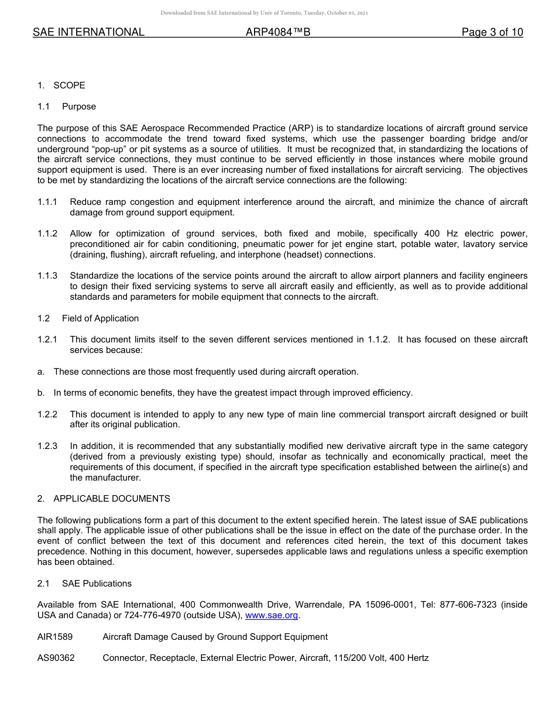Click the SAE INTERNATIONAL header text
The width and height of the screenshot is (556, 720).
click(88, 33)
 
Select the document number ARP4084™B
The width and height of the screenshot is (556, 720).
click(278, 33)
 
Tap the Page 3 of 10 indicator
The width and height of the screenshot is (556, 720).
click(492, 33)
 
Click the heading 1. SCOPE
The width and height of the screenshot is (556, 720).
click(61, 85)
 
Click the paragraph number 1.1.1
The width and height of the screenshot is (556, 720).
click(47, 202)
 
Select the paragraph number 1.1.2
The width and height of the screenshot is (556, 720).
click(47, 234)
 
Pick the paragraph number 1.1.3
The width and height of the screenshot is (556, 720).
click(47, 276)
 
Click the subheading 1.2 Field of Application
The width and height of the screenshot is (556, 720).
click(88, 318)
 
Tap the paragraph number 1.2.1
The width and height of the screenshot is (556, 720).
click(47, 340)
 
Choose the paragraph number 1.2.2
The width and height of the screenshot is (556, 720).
click(47, 414)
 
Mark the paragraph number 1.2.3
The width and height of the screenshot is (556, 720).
click(47, 446)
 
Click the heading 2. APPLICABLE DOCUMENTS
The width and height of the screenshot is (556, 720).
click(104, 499)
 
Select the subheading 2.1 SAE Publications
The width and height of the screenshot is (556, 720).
click(85, 584)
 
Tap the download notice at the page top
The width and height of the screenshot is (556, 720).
click(265, 13)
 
